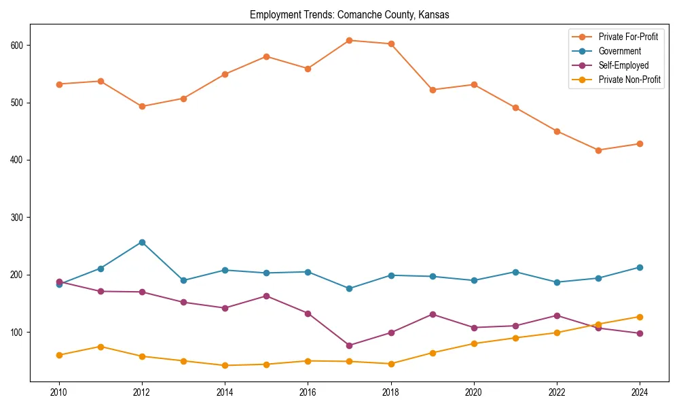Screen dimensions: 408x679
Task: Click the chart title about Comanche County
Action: click(x=349, y=14)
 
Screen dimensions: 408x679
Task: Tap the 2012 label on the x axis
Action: click(x=142, y=392)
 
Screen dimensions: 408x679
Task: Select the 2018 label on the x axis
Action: click(x=391, y=392)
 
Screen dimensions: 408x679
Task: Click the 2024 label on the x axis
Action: click(x=640, y=392)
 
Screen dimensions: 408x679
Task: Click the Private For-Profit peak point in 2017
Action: click(x=349, y=40)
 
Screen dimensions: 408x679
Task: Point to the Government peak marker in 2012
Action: click(x=142, y=242)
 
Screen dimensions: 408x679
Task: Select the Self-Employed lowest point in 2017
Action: click(x=349, y=345)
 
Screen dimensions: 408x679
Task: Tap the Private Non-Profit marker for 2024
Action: click(x=640, y=317)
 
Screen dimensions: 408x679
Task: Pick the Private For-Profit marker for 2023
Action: click(x=598, y=150)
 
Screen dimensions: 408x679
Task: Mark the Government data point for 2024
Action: click(x=640, y=267)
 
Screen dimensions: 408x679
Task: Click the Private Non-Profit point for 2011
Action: click(x=100, y=347)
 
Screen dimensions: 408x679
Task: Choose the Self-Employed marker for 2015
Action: click(x=266, y=296)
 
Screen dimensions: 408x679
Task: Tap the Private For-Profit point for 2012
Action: click(x=142, y=106)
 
